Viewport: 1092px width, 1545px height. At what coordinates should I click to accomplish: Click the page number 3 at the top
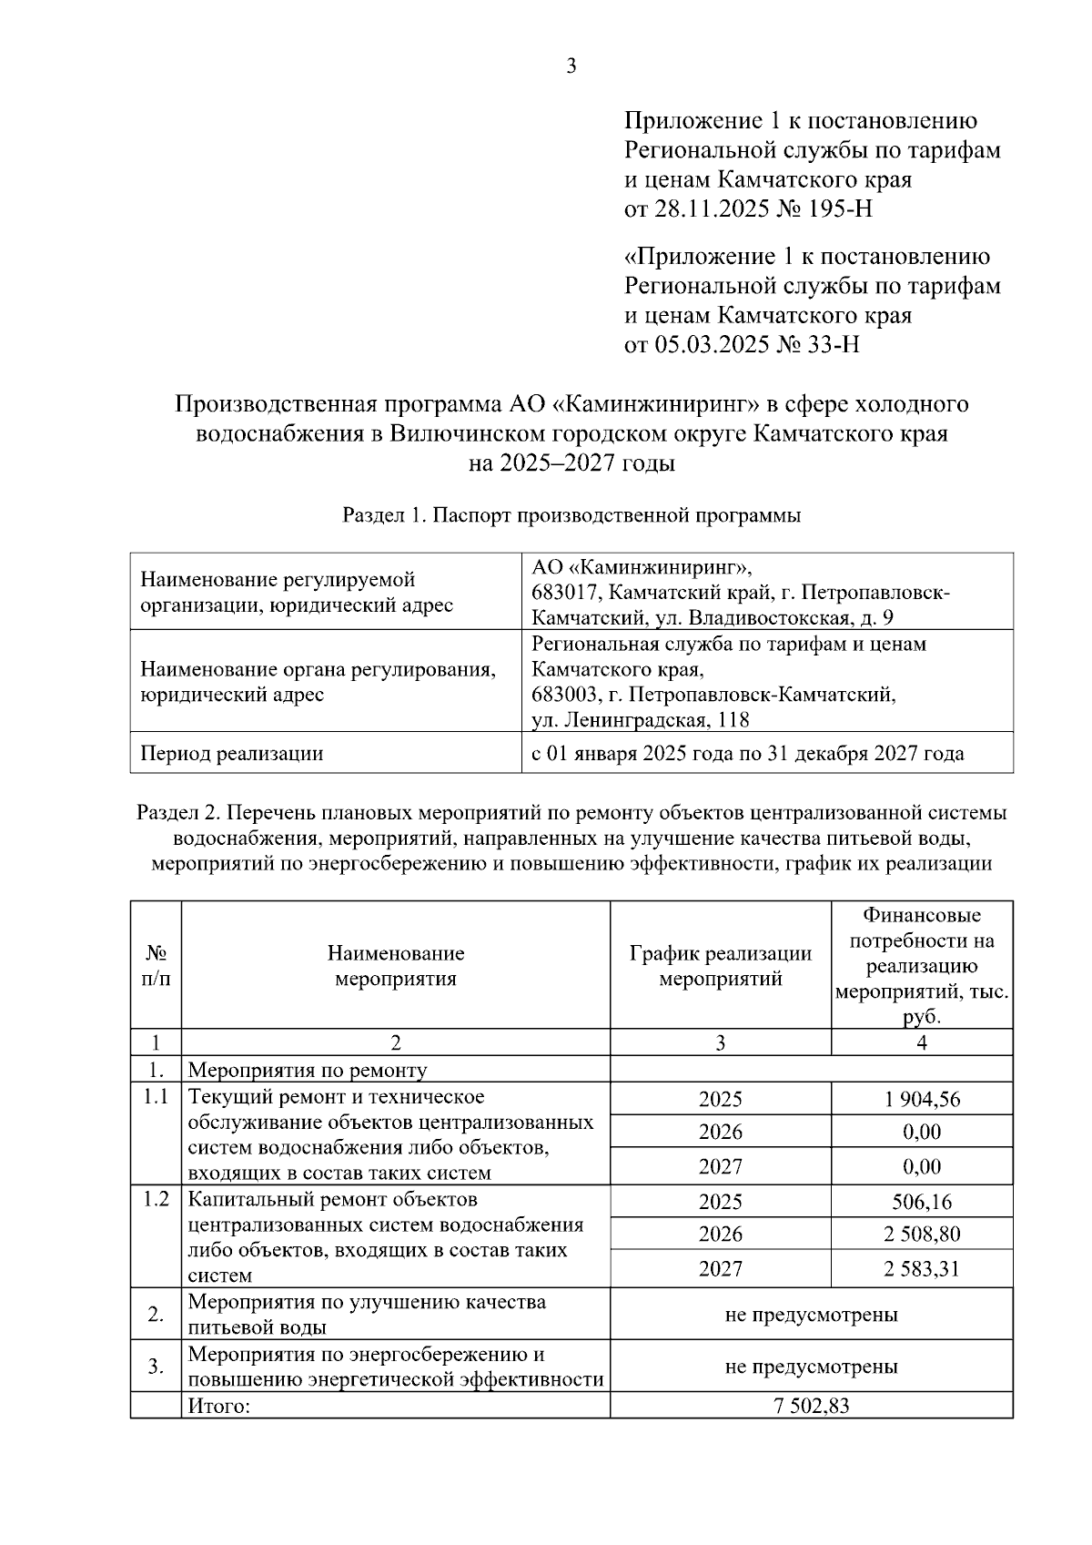571,66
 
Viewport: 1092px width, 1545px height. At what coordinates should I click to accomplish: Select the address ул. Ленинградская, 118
641,720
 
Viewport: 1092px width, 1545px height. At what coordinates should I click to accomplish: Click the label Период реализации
231,754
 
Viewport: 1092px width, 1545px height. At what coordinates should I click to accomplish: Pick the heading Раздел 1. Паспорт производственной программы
571,516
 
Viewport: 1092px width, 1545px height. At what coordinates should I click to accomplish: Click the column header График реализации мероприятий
720,966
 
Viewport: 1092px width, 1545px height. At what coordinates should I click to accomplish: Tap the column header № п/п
156,966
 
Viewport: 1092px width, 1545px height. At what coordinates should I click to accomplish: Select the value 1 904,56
921,1099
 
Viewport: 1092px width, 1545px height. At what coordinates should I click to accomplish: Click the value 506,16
921,1202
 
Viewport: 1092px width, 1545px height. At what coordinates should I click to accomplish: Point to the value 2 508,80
921,1235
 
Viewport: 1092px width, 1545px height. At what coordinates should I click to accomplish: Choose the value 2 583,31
921,1268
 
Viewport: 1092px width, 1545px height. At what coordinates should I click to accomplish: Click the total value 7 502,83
811,1406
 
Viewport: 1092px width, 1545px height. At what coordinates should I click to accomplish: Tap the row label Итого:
218,1407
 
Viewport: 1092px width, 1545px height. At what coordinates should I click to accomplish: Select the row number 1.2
157,1199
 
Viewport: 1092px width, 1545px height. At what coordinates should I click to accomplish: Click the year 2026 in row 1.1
720,1132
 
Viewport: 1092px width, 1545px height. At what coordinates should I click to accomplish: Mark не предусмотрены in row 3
811,1367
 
